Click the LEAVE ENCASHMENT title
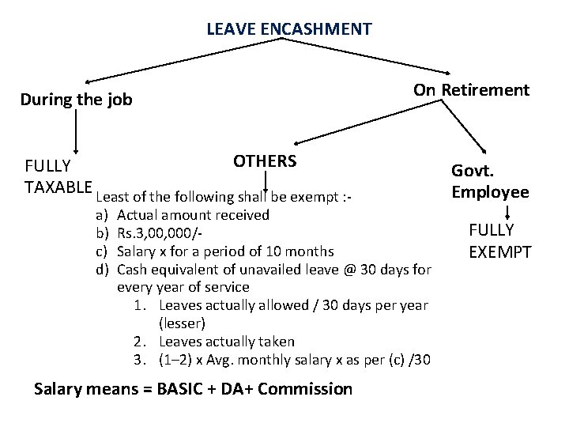pyautogui.click(x=289, y=30)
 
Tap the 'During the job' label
pyautogui.click(x=76, y=100)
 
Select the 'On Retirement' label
pyautogui.click(x=471, y=89)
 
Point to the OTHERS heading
pyautogui.click(x=265, y=161)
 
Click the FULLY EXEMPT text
pyautogui.click(x=501, y=241)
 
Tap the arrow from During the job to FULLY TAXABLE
pyautogui.click(x=76, y=130)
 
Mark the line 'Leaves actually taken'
pyautogui.click(x=228, y=342)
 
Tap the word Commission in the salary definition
pyautogui.click(x=304, y=388)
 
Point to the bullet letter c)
pyautogui.click(x=102, y=251)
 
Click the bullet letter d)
pyautogui.click(x=102, y=270)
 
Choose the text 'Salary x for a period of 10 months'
pyautogui.click(x=225, y=251)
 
